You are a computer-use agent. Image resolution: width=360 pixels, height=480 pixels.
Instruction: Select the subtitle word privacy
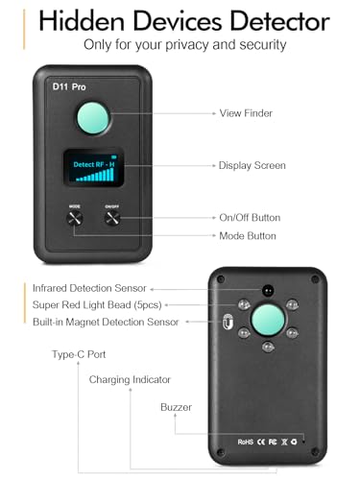[x=213, y=45]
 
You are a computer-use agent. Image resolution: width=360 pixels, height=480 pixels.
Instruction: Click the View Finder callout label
[x=246, y=113]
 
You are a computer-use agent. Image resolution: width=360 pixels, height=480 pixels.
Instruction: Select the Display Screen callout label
[x=253, y=165]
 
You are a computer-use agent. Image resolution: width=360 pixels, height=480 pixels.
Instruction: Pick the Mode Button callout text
[x=248, y=235]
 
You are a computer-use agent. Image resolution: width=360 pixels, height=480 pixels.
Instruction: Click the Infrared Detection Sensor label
[x=88, y=287]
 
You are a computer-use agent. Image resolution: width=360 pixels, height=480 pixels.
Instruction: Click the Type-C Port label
[x=80, y=355]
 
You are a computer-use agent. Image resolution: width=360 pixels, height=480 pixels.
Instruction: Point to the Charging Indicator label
[x=130, y=380]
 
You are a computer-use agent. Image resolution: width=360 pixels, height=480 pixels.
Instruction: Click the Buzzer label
[x=176, y=407]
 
